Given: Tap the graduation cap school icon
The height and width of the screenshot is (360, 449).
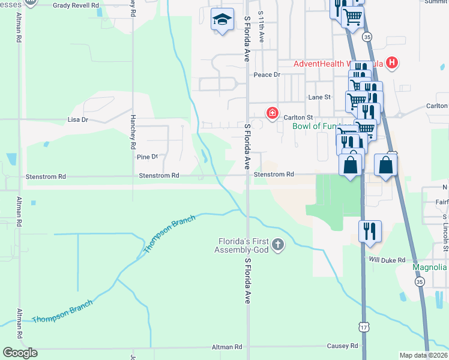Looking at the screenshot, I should pos(221,21).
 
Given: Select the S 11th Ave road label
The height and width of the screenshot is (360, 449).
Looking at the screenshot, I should pos(261,26).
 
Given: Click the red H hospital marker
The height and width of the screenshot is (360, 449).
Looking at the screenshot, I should pos(391,62).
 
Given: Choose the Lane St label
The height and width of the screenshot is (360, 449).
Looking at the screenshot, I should pos(319,97).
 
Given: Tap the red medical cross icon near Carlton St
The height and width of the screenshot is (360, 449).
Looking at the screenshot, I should pos(273,113).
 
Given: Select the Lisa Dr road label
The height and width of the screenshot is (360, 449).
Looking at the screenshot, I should pos(78,120).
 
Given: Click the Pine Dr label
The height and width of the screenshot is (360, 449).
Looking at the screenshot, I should pos(147,157).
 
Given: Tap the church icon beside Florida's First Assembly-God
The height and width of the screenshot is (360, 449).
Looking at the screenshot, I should pos(277,244).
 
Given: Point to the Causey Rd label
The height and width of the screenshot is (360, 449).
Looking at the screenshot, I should pos(342,346).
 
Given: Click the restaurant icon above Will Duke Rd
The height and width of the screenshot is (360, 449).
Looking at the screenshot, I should pos(369,231).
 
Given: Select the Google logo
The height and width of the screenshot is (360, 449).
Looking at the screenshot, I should pos(20,353).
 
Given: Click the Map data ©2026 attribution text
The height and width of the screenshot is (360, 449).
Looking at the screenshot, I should pos(423,355).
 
